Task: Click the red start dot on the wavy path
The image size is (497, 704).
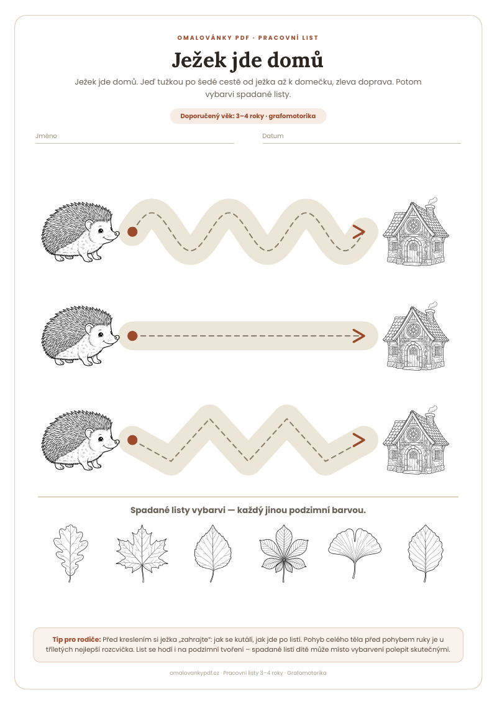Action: (132, 232)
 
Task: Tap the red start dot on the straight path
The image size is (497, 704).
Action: (132, 336)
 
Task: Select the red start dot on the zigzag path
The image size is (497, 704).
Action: (132, 440)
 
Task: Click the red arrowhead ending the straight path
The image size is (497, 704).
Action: (359, 336)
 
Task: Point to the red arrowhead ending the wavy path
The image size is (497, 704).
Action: (359, 232)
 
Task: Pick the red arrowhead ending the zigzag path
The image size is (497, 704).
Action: (359, 440)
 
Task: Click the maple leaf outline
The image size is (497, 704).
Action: (142, 553)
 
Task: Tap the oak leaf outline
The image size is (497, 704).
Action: (70, 553)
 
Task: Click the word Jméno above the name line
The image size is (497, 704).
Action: (46, 136)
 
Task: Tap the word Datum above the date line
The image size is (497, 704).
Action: (273, 136)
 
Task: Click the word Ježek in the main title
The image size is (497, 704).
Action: (199, 60)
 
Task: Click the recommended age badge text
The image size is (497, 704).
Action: (248, 116)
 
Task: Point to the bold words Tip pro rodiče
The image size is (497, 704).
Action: (76, 639)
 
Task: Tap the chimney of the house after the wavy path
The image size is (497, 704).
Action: (430, 210)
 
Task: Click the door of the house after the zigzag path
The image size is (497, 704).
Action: (413, 460)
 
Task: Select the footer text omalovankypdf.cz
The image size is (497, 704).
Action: (194, 673)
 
